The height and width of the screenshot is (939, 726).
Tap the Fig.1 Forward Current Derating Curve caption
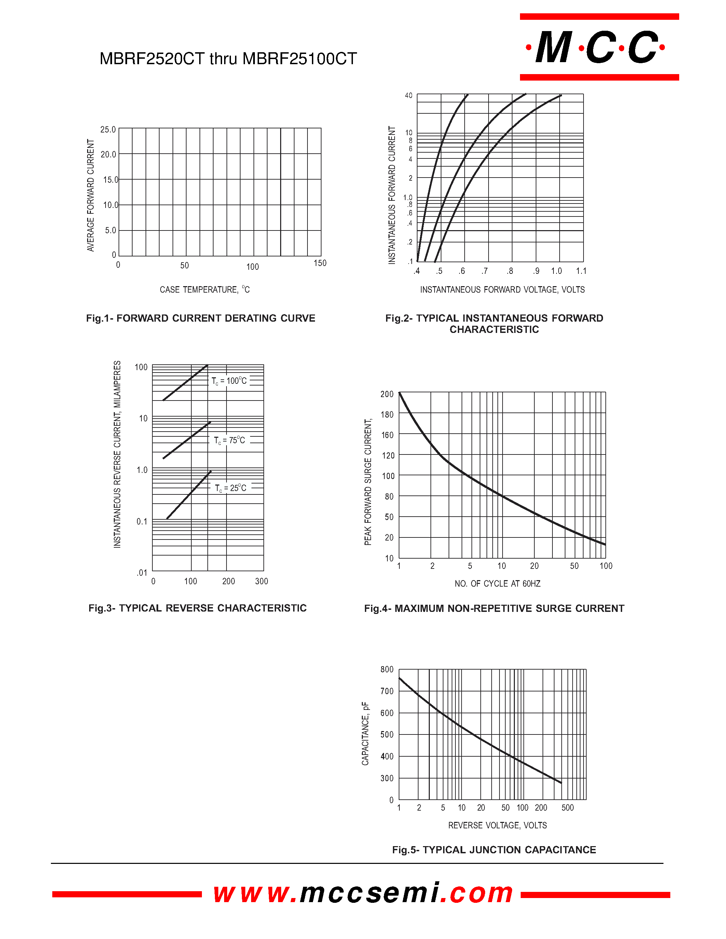[201, 318]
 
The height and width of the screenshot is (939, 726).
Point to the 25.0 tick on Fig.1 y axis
[108, 129]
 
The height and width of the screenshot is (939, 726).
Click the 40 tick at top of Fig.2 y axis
[409, 96]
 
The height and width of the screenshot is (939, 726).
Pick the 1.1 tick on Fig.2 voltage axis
[581, 271]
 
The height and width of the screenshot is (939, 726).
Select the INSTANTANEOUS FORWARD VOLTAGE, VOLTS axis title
[502, 290]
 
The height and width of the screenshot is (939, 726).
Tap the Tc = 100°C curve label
[229, 381]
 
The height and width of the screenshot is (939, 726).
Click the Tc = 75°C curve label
[230, 440]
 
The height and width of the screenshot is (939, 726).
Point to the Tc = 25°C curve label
[231, 488]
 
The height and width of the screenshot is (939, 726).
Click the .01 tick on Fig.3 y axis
[142, 573]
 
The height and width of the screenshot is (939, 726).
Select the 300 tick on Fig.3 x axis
[261, 581]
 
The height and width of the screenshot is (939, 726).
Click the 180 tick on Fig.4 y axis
[387, 415]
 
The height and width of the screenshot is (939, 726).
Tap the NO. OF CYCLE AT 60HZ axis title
[498, 584]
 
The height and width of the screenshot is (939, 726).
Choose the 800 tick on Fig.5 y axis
[387, 670]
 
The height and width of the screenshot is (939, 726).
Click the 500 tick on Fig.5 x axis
[568, 808]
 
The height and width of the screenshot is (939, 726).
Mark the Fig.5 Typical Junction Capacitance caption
[494, 850]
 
